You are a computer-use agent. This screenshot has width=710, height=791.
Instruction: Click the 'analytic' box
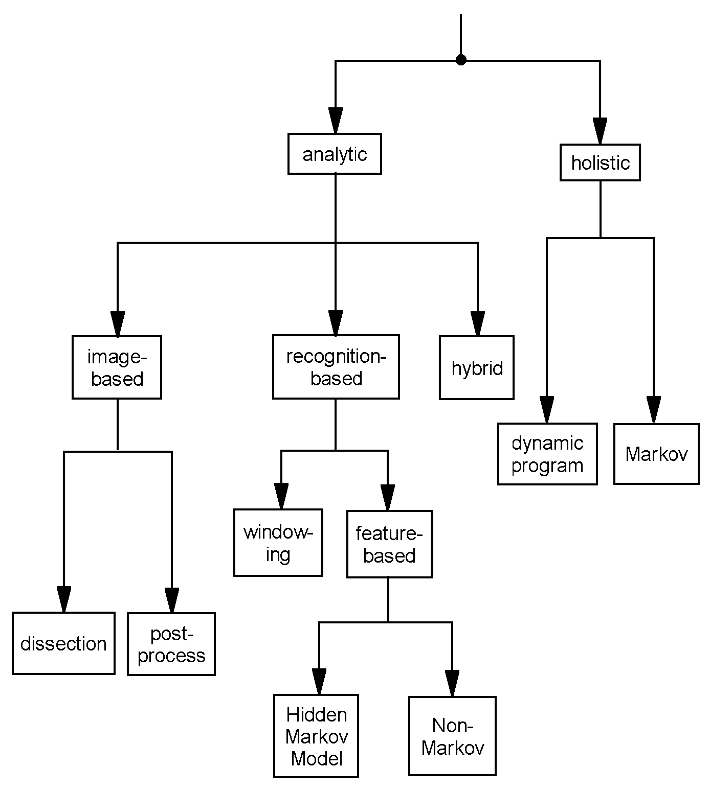click(335, 154)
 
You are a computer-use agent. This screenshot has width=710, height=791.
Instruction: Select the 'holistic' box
click(600, 163)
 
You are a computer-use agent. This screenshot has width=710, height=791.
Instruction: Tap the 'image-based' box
click(117, 367)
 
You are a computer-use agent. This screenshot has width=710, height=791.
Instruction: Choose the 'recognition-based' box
click(336, 367)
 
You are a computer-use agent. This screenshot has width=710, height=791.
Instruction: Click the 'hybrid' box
click(477, 368)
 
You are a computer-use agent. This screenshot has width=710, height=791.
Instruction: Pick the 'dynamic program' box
click(547, 454)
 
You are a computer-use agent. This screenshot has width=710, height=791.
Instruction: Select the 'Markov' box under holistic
click(656, 454)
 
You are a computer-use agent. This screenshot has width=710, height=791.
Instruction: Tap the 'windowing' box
click(278, 543)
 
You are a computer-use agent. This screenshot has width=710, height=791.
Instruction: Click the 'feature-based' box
click(389, 544)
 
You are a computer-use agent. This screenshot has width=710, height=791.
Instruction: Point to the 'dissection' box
click(63, 643)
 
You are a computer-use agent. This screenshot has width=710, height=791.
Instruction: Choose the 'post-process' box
click(171, 644)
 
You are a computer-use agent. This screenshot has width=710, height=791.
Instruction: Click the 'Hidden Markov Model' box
click(316, 736)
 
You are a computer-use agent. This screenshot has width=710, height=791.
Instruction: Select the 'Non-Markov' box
click(452, 736)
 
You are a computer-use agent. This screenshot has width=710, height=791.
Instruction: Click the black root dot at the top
click(461, 60)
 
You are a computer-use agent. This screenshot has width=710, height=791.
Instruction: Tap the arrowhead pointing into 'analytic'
click(335, 121)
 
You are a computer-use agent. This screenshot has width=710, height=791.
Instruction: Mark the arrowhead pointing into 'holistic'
click(600, 132)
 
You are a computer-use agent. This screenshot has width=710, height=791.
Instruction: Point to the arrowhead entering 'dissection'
click(64, 599)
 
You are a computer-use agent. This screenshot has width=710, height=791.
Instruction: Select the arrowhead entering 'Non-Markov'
click(452, 684)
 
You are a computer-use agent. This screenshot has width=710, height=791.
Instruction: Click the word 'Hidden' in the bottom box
click(316, 714)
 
